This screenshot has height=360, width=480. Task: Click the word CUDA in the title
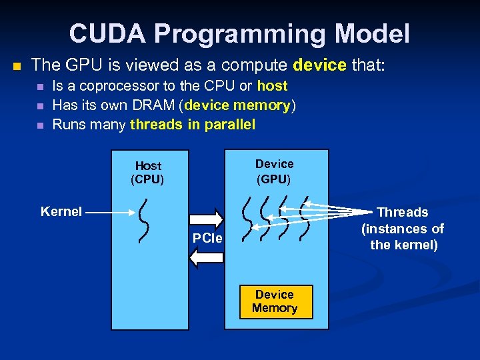(100, 33)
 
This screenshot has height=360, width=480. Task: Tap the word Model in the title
(370, 33)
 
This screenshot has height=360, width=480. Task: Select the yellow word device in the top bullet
(319, 65)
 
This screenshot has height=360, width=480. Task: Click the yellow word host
(272, 86)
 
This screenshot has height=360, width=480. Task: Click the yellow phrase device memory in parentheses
(239, 105)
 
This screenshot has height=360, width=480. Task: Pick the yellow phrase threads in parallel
(193, 125)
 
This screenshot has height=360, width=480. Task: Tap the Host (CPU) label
(148, 172)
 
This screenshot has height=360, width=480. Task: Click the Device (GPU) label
(274, 171)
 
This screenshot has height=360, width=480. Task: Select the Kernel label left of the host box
(61, 212)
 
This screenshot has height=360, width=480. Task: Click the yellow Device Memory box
(274, 301)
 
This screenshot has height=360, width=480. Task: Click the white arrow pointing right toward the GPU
(206, 219)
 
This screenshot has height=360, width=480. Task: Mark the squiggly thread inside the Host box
(143, 221)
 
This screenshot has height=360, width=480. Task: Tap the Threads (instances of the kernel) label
(403, 228)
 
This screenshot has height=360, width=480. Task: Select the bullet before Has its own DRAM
(40, 106)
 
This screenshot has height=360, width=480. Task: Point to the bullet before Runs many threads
(40, 125)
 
